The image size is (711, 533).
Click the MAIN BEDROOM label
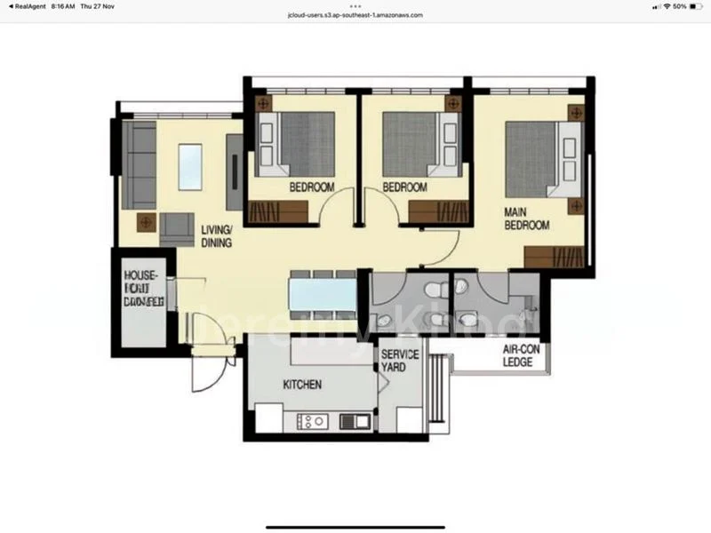click(x=527, y=219)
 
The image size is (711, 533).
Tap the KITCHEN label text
click(x=301, y=385)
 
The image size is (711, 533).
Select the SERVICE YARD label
click(x=399, y=361)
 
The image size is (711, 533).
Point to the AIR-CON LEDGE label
click(x=517, y=356)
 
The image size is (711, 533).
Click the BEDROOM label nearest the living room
click(x=311, y=187)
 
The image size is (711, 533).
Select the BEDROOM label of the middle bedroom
click(x=404, y=187)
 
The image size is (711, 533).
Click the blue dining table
click(x=322, y=293)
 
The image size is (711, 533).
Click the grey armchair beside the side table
click(x=177, y=228)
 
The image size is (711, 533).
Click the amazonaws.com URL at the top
click(x=355, y=15)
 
